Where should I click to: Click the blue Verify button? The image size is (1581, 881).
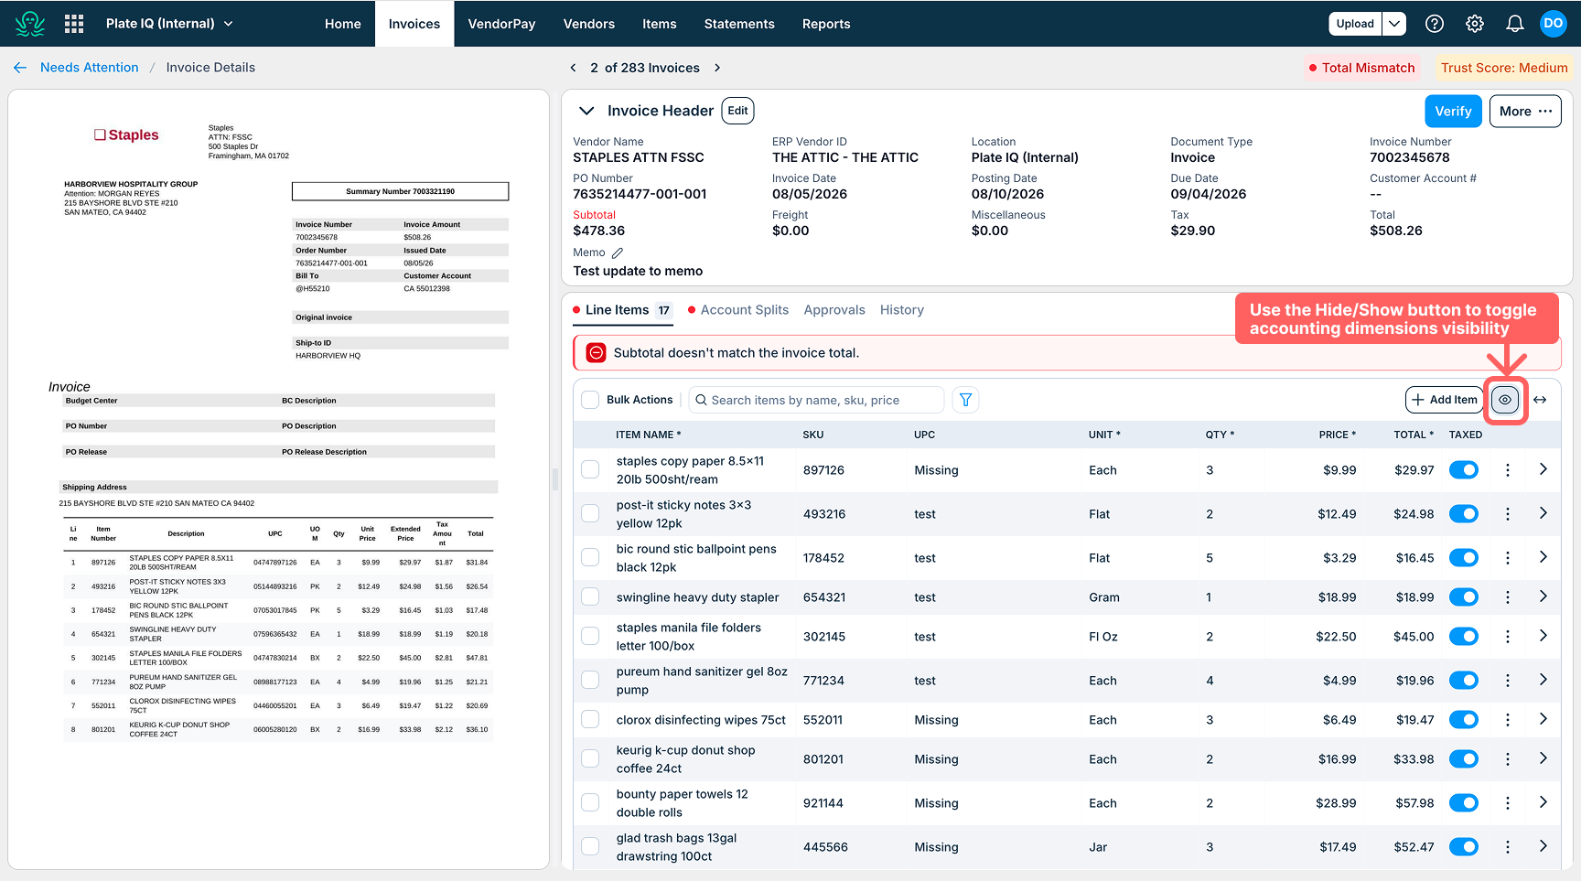[1453, 112]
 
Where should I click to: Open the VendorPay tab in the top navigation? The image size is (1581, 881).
[501, 24]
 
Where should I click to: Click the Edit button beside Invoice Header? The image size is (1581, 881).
[737, 111]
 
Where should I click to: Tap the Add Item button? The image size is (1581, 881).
[1444, 400]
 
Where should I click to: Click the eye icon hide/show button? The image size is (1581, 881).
[1505, 400]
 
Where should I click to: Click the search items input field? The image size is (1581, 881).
[816, 400]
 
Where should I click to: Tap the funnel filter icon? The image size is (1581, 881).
[965, 400]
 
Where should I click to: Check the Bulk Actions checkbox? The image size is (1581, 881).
[591, 400]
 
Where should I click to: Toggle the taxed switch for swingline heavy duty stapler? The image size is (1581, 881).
[1464, 597]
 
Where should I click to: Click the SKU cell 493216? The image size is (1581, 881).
[824, 514]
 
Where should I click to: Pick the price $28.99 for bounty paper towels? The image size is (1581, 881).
[1336, 803]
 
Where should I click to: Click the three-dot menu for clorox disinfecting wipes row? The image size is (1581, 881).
[1508, 720]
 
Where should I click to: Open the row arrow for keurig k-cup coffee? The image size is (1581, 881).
[1543, 758]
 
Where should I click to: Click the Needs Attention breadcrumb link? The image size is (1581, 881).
[90, 68]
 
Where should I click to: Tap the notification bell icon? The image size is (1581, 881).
[1515, 24]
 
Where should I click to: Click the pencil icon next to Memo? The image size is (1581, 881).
[618, 252]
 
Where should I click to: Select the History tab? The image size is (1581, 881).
[902, 310]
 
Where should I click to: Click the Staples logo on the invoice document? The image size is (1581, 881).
[126, 135]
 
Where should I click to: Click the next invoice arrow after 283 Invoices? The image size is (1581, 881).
[717, 68]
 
